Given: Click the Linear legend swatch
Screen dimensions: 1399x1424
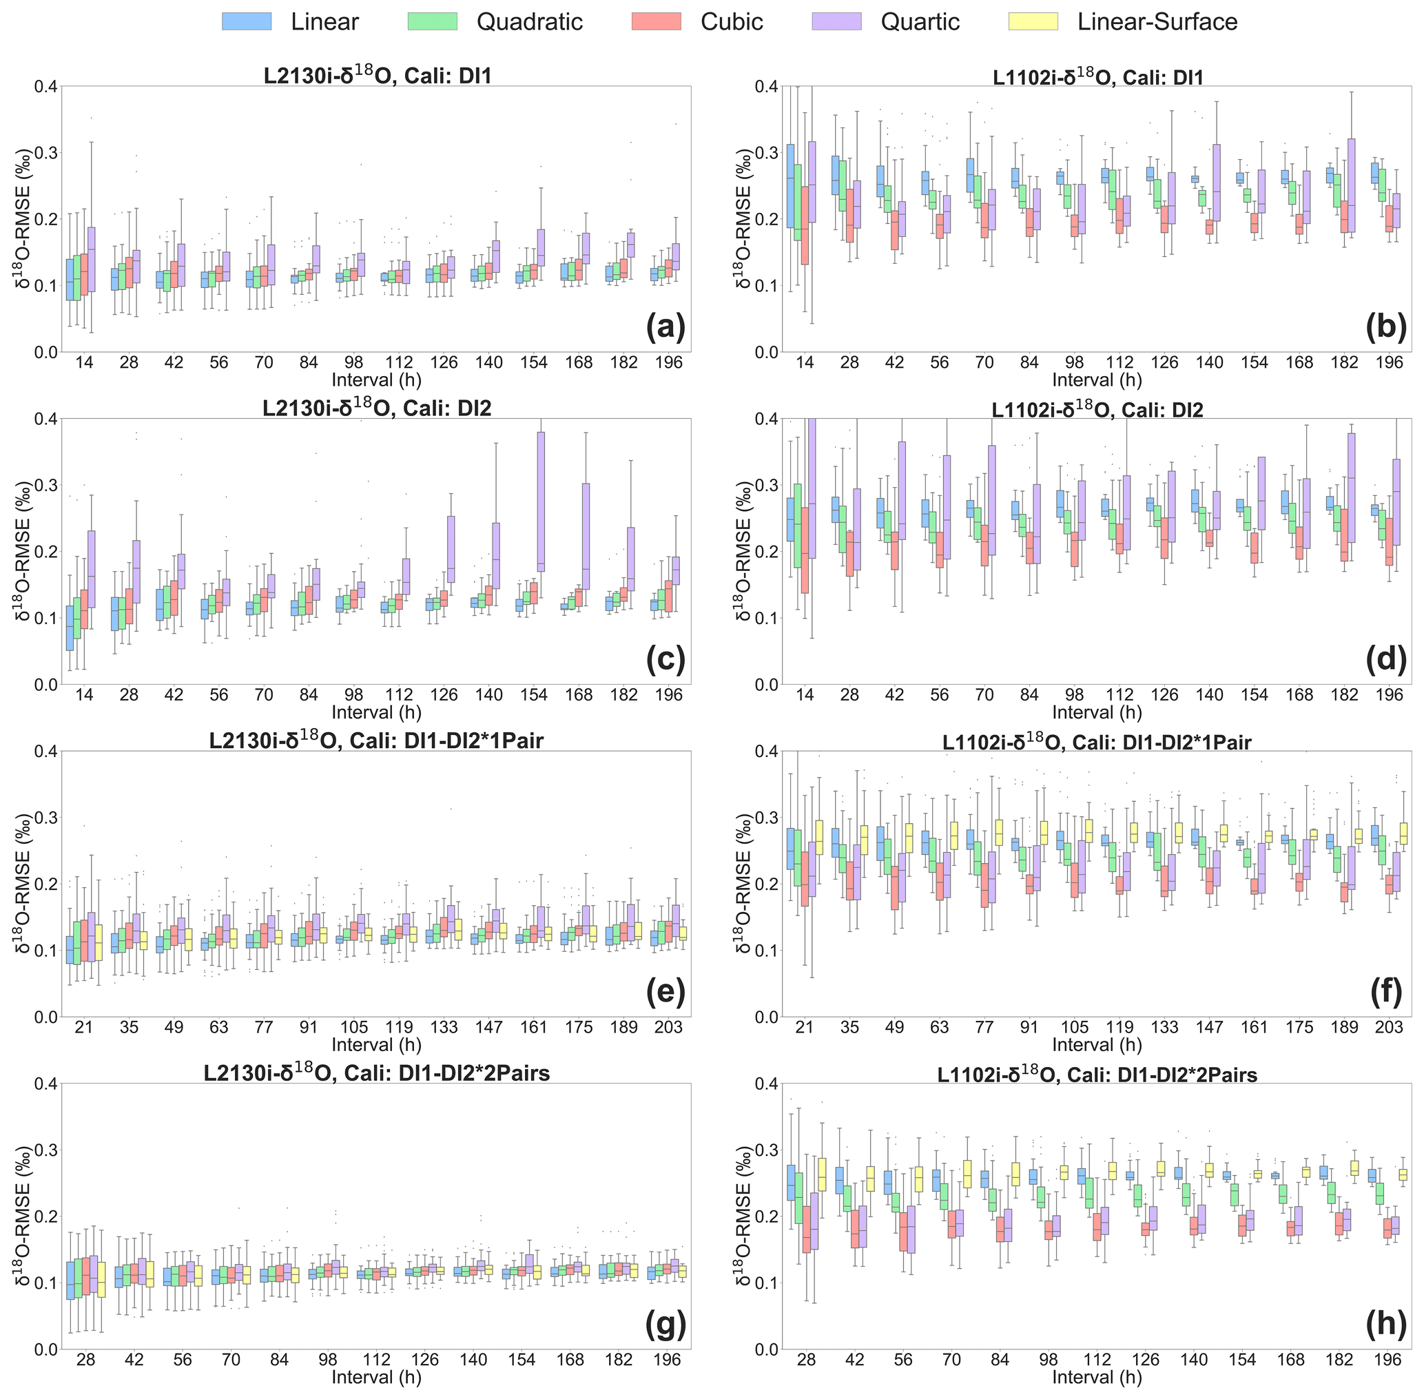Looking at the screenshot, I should coord(246,21).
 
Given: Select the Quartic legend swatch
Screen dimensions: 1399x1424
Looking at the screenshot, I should coord(836,21).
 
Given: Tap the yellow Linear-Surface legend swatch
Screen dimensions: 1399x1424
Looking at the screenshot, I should coord(1033,21).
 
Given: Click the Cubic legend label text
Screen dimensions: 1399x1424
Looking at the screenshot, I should coord(732,22).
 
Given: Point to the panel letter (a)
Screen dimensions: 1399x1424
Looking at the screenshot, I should coord(665,328).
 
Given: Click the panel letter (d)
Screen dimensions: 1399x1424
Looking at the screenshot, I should coord(1386,660).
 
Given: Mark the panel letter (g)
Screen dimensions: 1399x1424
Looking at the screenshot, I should coord(665,1325).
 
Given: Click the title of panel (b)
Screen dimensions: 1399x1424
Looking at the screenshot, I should coord(1097,77).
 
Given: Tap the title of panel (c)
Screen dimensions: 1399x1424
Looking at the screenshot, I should coord(377,408).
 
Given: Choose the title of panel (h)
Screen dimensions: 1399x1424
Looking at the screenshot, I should coord(1097,1075).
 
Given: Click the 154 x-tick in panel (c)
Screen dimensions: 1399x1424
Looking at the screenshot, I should coord(533,695).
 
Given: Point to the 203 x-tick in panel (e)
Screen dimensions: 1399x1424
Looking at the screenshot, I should coord(668,1027).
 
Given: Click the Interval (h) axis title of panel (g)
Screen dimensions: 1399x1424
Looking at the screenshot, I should coord(376,1378).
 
